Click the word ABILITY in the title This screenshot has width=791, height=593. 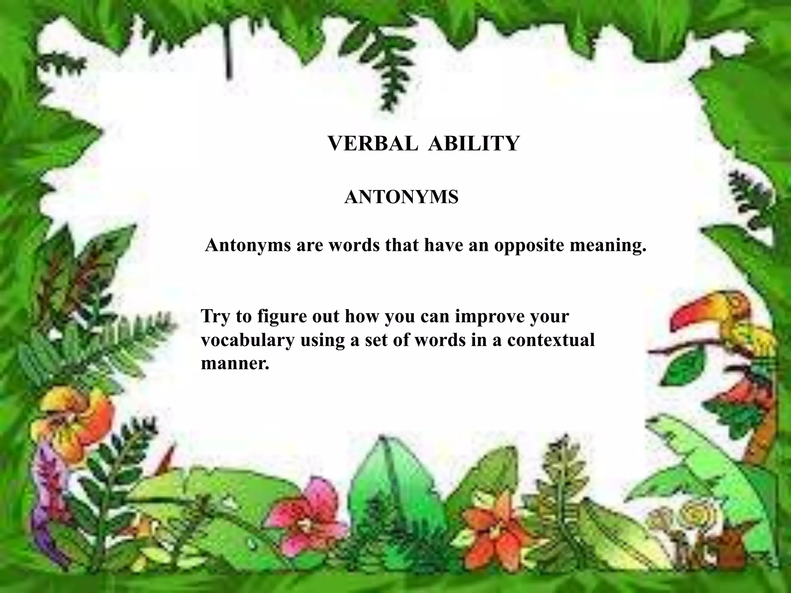click(474, 144)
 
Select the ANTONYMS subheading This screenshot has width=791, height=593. click(401, 197)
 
